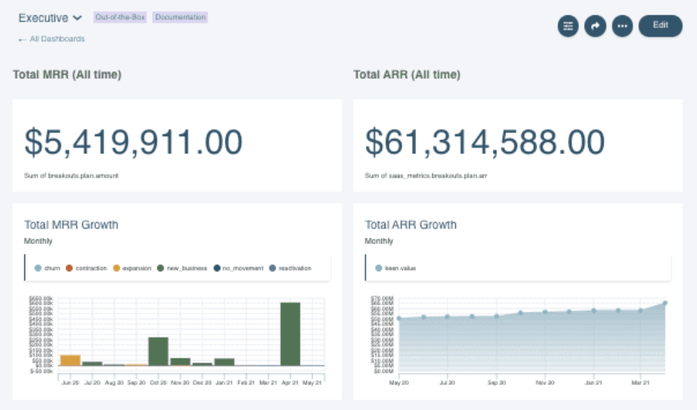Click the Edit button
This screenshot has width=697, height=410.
[x=660, y=26]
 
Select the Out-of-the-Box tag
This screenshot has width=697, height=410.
[x=120, y=17]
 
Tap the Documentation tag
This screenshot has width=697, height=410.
[x=180, y=17]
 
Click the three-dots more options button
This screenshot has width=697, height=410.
[x=622, y=26]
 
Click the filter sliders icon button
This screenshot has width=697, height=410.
[x=568, y=26]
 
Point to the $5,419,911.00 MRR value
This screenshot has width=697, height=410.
[x=134, y=142]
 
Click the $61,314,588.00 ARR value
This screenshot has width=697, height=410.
[x=485, y=142]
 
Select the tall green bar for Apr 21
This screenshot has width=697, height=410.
[x=290, y=334]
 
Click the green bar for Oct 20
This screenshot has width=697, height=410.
[x=158, y=351]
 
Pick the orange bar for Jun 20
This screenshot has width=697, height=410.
[x=70, y=360]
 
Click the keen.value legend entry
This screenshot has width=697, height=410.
[x=396, y=268]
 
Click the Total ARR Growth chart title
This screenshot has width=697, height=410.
[x=411, y=225]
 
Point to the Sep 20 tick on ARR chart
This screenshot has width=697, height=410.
[x=496, y=383]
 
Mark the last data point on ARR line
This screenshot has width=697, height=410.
[x=665, y=303]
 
